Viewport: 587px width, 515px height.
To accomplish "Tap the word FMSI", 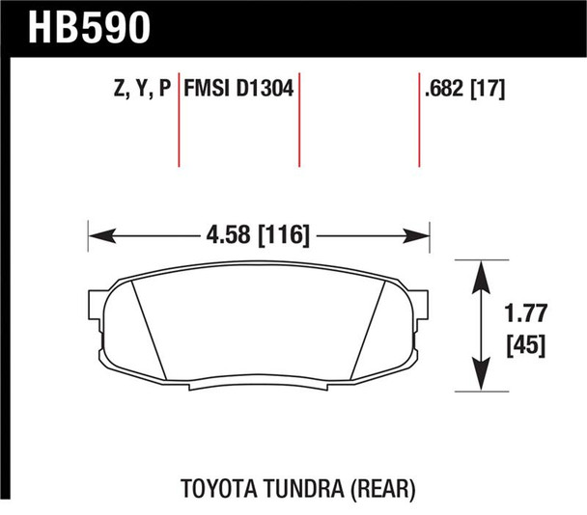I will pyautogui.click(x=210, y=92).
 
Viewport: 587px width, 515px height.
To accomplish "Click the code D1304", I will pyautogui.click(x=266, y=92).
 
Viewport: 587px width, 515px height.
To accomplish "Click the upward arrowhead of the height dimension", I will pyautogui.click(x=482, y=269).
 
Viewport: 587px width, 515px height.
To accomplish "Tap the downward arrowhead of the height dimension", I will pyautogui.click(x=482, y=383).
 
